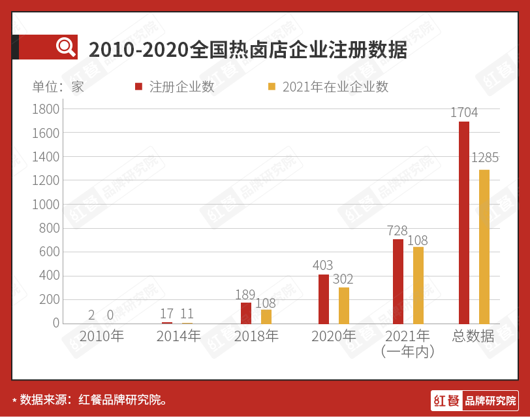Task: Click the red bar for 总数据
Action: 464,222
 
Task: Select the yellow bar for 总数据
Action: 484,246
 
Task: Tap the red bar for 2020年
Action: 324,299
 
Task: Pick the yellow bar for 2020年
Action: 344,305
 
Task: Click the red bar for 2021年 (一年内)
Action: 398,281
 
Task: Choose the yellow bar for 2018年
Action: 266,316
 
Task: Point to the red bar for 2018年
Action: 246,312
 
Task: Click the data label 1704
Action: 464,112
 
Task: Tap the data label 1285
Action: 485,158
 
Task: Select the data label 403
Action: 322,265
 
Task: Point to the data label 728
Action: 397,230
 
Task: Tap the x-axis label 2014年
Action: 179,336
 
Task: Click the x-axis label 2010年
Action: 101,336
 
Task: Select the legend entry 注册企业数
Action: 175,87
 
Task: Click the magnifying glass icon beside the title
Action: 65,47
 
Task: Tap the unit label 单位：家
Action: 59,87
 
